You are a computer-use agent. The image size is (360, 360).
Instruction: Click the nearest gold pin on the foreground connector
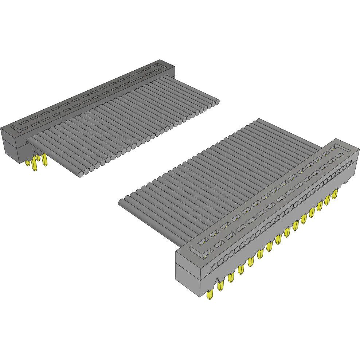209,295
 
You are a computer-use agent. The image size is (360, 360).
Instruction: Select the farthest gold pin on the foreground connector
334,193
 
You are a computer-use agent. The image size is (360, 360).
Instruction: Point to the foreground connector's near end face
188,271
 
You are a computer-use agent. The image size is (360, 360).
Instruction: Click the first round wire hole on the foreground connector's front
215,266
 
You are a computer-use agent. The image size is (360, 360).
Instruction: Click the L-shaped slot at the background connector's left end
18,128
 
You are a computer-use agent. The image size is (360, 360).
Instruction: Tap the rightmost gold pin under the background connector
44,160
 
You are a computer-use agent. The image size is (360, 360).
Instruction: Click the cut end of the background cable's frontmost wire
81,174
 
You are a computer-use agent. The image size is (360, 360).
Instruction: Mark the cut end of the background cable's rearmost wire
217,102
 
